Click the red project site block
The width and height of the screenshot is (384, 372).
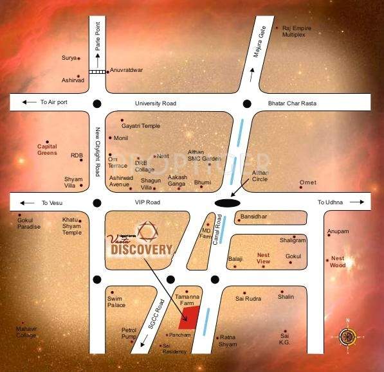click(188, 317)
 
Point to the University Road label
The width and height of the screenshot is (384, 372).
click(155, 103)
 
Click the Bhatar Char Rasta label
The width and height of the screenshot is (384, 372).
click(292, 103)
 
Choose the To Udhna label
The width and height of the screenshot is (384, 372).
click(329, 203)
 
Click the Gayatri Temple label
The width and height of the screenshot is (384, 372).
click(141, 126)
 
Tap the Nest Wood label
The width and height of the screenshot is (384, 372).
click(338, 261)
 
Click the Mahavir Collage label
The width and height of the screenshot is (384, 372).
click(26, 332)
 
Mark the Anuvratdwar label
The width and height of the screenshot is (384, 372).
click(126, 69)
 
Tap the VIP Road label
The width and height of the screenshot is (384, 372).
click(149, 202)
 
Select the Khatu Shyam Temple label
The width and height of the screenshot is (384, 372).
click(71, 226)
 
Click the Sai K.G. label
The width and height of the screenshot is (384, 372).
click(286, 339)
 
